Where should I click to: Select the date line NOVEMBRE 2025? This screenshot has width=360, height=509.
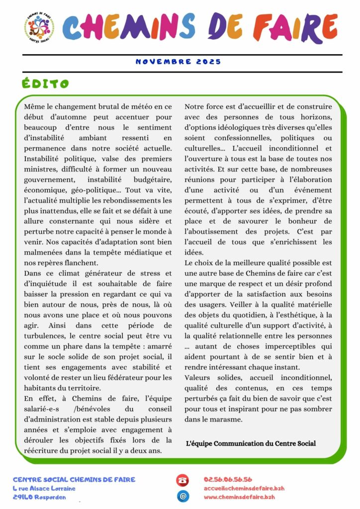(x=179, y=62)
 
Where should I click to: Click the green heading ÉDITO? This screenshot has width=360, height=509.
(x=46, y=84)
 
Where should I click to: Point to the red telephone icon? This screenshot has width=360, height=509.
(x=182, y=480)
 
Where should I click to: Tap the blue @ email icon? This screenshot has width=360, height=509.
(x=182, y=496)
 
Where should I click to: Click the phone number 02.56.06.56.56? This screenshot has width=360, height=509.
(x=228, y=480)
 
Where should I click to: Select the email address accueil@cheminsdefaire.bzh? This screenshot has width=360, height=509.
(x=239, y=488)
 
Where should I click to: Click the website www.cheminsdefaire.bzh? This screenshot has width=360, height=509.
(x=239, y=497)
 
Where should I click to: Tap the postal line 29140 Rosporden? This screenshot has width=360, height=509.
(x=39, y=497)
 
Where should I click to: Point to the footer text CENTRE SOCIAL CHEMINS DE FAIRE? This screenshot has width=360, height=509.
(x=74, y=480)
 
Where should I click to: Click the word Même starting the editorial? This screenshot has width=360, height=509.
(x=34, y=107)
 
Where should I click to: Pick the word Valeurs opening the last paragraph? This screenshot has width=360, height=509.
(x=199, y=377)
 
